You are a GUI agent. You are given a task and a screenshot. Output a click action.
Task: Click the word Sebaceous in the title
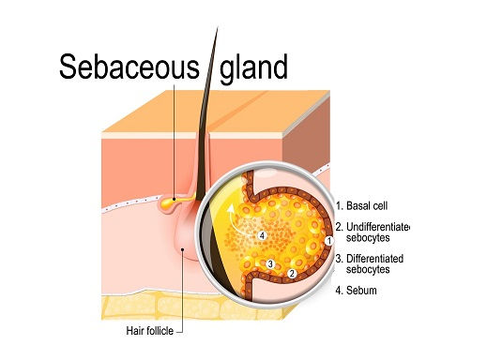click(129, 67)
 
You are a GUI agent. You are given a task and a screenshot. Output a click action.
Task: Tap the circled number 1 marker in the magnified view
click(327, 239)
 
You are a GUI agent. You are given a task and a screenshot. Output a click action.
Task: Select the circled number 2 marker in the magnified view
click(292, 273)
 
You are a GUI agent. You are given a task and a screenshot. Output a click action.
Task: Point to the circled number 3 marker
click(270, 263)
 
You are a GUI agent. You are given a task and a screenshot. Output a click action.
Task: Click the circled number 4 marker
click(263, 233)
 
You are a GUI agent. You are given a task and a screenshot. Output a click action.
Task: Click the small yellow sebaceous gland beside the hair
click(169, 199)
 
